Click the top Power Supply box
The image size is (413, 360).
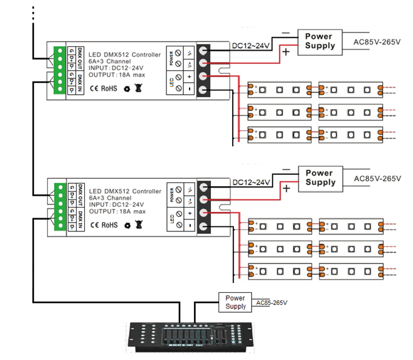tap(319, 41)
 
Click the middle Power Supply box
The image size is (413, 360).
tap(319, 177)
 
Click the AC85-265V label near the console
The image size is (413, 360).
tap(272, 304)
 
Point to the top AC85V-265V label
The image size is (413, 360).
tap(377, 43)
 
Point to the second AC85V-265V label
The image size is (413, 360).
tap(377, 179)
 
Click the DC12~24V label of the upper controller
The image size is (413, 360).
tap(251, 46)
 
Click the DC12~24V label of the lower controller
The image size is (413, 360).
tap(251, 183)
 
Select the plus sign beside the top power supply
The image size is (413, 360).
tap(286, 53)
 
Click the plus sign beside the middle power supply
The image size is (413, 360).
tap(286, 189)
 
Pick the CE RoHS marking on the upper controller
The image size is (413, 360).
tap(104, 88)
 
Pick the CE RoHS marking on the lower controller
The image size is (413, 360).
tap(104, 225)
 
